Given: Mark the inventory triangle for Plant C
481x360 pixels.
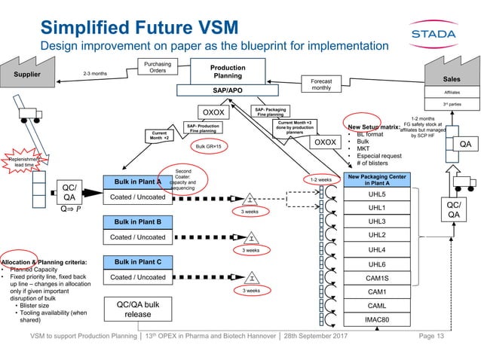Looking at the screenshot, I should pyautogui.click(x=251, y=277).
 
